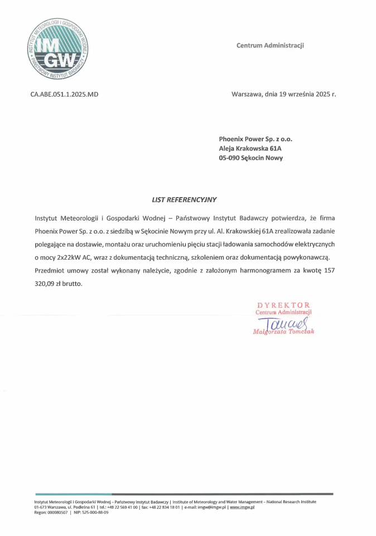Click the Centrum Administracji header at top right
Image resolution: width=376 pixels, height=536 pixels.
tap(270, 45)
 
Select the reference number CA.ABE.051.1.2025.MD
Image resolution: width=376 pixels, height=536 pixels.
tap(64, 94)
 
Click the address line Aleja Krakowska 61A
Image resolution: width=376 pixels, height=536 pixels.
tap(250, 148)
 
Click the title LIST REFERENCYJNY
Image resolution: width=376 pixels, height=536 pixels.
tap(184, 199)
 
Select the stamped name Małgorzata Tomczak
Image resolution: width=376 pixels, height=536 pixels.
tap(284, 331)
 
